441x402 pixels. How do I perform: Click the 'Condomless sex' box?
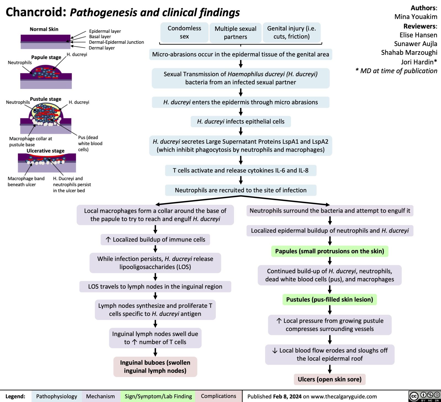click(x=184, y=32)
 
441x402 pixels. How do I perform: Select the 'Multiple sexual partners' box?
click(x=235, y=33)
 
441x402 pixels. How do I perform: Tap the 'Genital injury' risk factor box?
click(x=291, y=32)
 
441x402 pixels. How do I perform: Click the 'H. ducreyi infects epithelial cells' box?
click(x=241, y=121)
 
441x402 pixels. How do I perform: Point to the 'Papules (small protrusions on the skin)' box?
click(x=329, y=251)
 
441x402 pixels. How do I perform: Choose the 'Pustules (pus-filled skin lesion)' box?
click(x=329, y=299)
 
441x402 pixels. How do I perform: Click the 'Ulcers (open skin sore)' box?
click(x=329, y=379)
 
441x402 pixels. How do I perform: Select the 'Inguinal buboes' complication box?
click(x=155, y=366)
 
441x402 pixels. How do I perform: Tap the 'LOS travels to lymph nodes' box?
click(x=155, y=286)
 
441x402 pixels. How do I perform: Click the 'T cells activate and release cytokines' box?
click(x=241, y=170)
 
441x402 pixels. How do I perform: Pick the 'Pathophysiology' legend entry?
click(x=57, y=396)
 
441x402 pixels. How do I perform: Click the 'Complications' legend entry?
click(x=218, y=396)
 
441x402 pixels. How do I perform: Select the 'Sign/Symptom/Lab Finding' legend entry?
click(x=158, y=396)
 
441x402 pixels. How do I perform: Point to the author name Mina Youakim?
click(x=416, y=17)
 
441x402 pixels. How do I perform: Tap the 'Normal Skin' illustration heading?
click(x=44, y=29)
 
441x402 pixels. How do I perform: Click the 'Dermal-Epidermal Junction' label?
click(x=116, y=42)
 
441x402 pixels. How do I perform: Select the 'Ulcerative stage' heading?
click(x=45, y=151)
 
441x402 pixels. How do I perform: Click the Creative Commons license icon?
click(x=424, y=396)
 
